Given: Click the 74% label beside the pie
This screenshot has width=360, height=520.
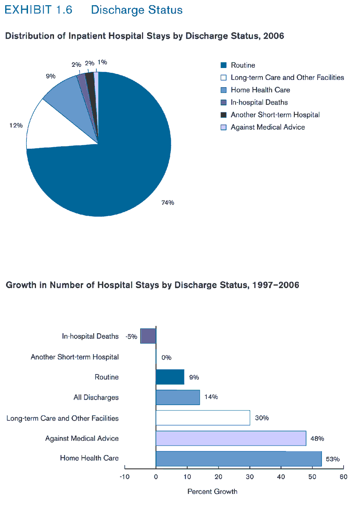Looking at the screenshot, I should pyautogui.click(x=168, y=203).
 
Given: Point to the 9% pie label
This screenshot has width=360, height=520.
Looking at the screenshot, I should pyautogui.click(x=50, y=76).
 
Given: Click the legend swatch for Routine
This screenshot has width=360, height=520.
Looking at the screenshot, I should pyautogui.click(x=224, y=65).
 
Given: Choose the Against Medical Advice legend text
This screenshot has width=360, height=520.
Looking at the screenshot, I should pyautogui.click(x=268, y=127).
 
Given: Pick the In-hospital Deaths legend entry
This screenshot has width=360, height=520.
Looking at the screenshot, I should pyautogui.click(x=259, y=102).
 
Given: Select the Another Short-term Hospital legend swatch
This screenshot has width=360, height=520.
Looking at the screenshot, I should pyautogui.click(x=224, y=115).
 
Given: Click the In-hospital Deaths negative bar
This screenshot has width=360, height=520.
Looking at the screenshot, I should pyautogui.click(x=148, y=336).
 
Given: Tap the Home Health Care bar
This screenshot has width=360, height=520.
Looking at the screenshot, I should pyautogui.click(x=238, y=458).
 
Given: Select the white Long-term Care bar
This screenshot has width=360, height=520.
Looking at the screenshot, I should pyautogui.click(x=203, y=418).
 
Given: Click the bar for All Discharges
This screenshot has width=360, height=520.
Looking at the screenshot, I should pyautogui.click(x=178, y=397).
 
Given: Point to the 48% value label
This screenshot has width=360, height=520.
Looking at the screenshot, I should pyautogui.click(x=317, y=438).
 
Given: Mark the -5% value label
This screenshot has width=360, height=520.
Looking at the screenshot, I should pyautogui.click(x=131, y=337).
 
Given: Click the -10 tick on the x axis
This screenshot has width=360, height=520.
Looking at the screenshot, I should pyautogui.click(x=124, y=477).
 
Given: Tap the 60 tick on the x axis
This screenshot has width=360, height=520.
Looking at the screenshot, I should pyautogui.click(x=343, y=477).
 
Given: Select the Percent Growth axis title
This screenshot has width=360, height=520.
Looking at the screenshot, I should pyautogui.click(x=212, y=492).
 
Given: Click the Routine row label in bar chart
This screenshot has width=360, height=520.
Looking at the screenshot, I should pyautogui.click(x=106, y=377).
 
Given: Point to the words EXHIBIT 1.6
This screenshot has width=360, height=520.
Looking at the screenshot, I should pyautogui.click(x=38, y=10).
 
